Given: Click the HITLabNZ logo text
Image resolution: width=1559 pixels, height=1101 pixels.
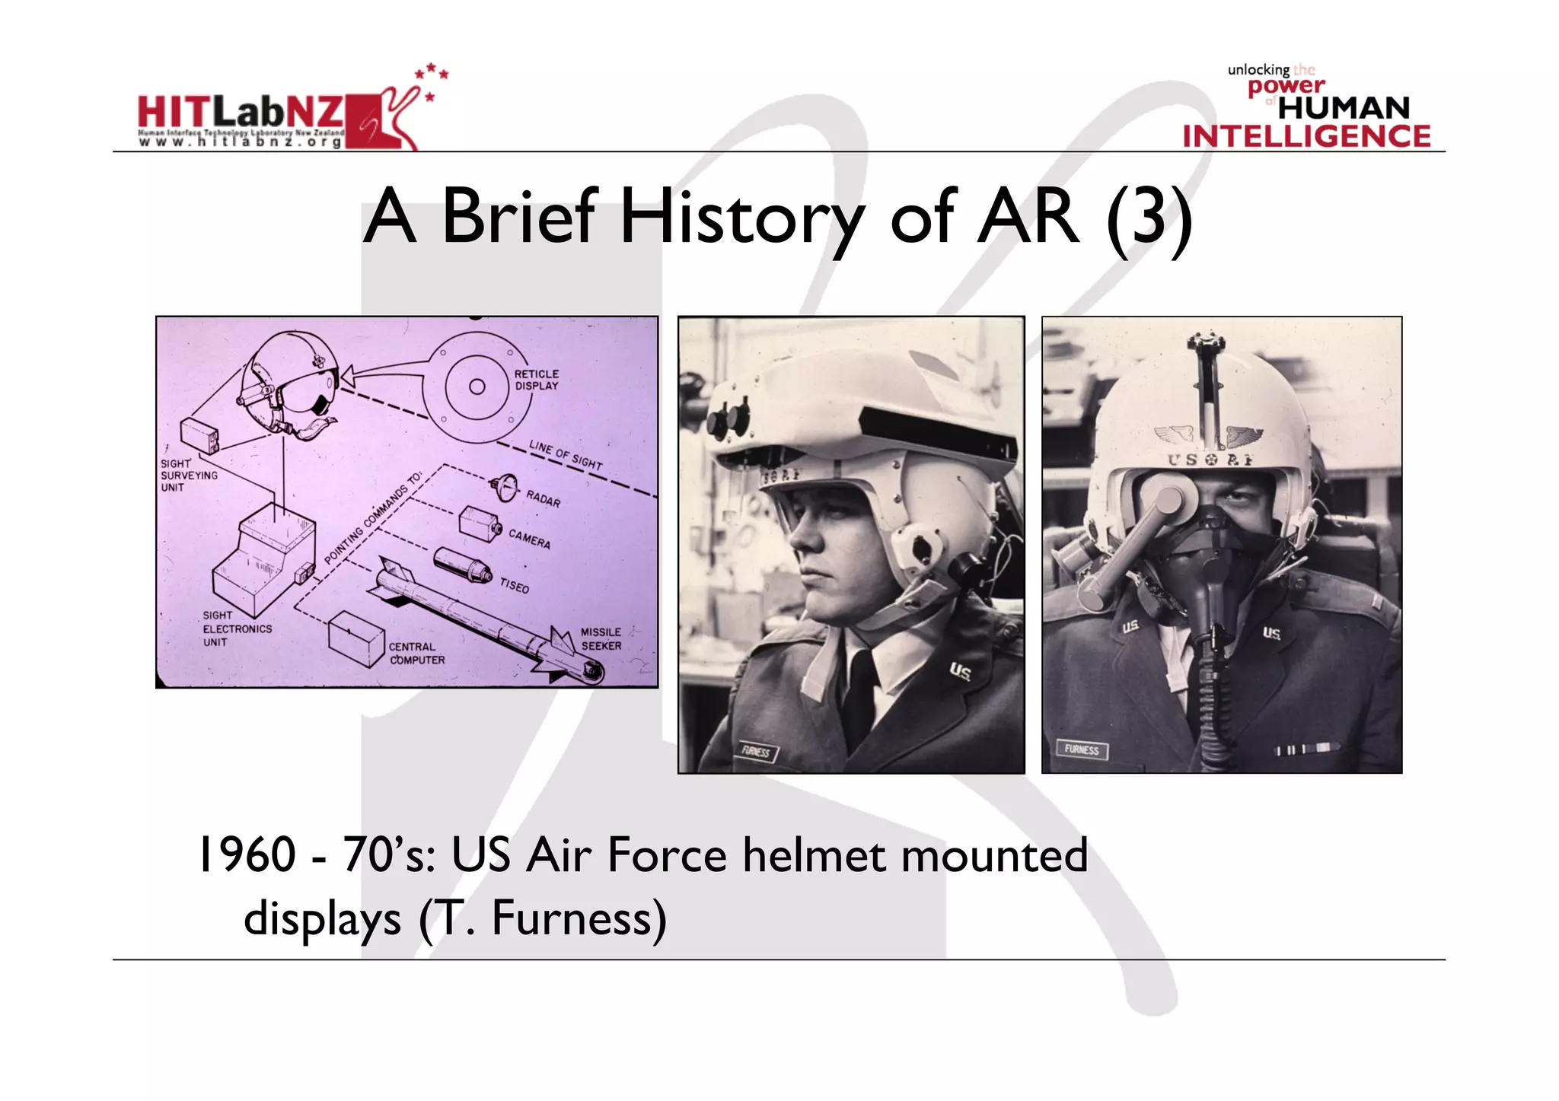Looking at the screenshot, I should point(241,112).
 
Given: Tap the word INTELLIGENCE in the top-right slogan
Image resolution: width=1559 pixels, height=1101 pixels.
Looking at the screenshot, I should point(1306,137).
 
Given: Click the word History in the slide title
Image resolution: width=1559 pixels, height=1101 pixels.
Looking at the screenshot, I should point(742,218).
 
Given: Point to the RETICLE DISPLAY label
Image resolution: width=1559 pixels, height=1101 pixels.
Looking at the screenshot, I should point(536,380).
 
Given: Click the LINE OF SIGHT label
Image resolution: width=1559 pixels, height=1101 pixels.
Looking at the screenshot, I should point(566,454).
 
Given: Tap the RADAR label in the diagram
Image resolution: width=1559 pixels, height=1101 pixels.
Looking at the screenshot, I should point(543,498).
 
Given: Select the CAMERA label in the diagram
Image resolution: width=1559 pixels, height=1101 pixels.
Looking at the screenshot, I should point(529,539).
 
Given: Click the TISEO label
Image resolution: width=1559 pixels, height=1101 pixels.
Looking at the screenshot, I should point(514,585).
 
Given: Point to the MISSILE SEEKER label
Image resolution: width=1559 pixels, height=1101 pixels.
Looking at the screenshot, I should point(601,639).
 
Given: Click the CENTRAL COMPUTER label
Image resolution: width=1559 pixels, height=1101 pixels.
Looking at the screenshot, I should point(416,654).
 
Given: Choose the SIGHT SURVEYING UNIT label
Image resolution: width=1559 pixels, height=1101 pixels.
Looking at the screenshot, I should point(188,476).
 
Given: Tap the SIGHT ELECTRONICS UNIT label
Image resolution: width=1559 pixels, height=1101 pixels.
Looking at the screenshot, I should point(237,628).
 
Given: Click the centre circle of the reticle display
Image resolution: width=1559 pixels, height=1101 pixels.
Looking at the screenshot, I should point(477,387).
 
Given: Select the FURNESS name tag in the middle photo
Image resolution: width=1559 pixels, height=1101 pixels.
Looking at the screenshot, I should point(756,752).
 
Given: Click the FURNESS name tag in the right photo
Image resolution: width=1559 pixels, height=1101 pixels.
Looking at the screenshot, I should point(1082,749).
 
